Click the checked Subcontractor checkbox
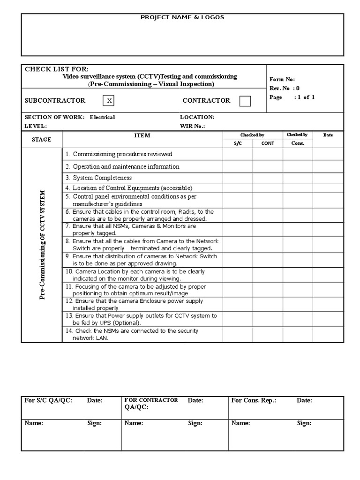click(x=108, y=101)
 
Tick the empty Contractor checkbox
click(x=245, y=101)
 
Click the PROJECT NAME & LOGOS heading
click(x=182, y=17)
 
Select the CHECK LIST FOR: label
click(x=56, y=69)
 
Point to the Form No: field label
click(x=282, y=80)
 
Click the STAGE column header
click(x=41, y=139)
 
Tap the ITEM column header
click(x=142, y=135)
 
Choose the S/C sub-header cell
click(x=237, y=143)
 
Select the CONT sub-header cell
click(x=268, y=143)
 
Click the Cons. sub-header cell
click(x=298, y=143)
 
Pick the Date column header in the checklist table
click(x=328, y=135)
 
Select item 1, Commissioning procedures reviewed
click(x=119, y=154)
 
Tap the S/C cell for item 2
click(x=238, y=166)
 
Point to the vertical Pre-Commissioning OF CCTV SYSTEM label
click(x=42, y=244)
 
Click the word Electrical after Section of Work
click(x=102, y=117)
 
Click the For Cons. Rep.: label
click(x=254, y=401)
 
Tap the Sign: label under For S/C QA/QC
click(x=94, y=423)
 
